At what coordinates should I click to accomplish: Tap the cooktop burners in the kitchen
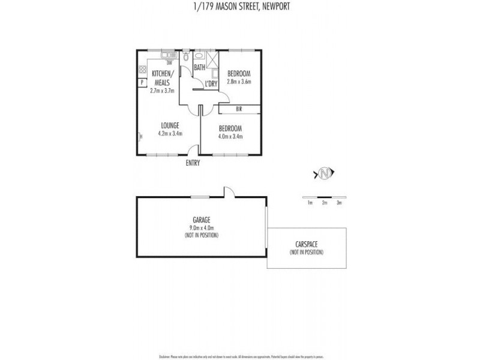click(143, 69)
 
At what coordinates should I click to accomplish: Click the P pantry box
click(142, 82)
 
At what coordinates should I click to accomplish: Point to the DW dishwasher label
click(169, 63)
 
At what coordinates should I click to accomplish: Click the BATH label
click(200, 67)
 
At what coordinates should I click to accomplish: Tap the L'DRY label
click(211, 84)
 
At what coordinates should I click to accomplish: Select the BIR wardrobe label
click(239, 109)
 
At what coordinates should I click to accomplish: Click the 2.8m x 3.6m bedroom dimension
click(238, 82)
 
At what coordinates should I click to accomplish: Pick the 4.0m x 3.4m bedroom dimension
click(230, 136)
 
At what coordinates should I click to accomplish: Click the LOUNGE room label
click(170, 125)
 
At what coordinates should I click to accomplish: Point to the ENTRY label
click(193, 163)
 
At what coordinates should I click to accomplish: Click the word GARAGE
click(201, 220)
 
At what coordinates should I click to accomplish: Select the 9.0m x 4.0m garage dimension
click(201, 227)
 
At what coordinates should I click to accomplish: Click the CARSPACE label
click(307, 245)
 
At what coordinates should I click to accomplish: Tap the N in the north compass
click(324, 174)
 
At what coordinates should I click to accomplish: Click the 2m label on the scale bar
click(325, 203)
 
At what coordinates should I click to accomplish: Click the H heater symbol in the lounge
click(140, 137)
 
